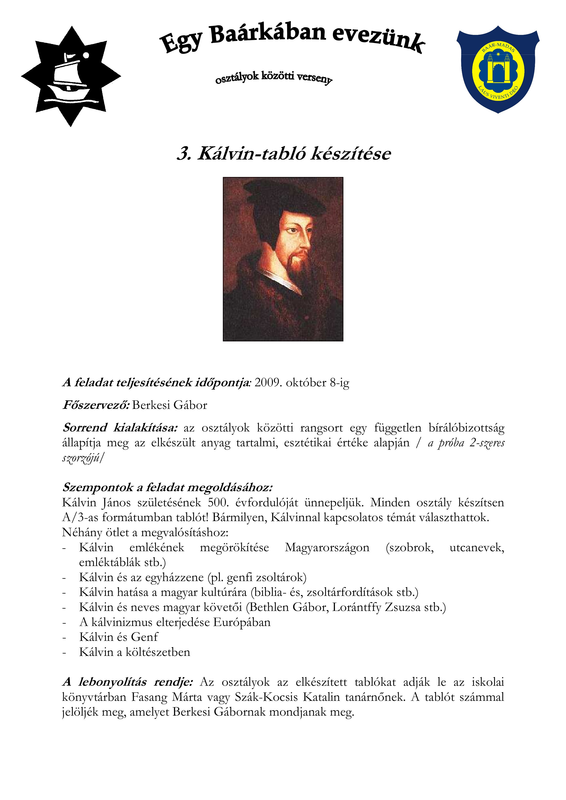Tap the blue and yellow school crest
(498, 70)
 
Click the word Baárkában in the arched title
(268, 35)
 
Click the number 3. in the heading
(184, 154)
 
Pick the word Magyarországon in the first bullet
(327, 547)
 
